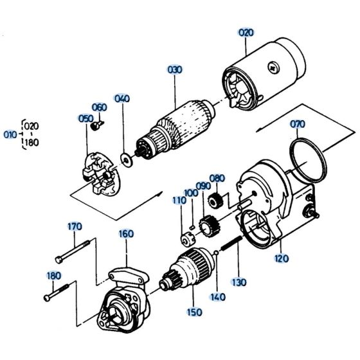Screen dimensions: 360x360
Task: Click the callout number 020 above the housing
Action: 246,32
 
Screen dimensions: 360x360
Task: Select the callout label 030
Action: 175,69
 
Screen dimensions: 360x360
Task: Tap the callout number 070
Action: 298,123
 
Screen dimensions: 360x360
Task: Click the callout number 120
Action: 282,259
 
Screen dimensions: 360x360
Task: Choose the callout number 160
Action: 125,234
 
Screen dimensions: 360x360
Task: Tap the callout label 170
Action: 75,226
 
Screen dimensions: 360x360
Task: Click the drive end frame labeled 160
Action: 122,302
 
